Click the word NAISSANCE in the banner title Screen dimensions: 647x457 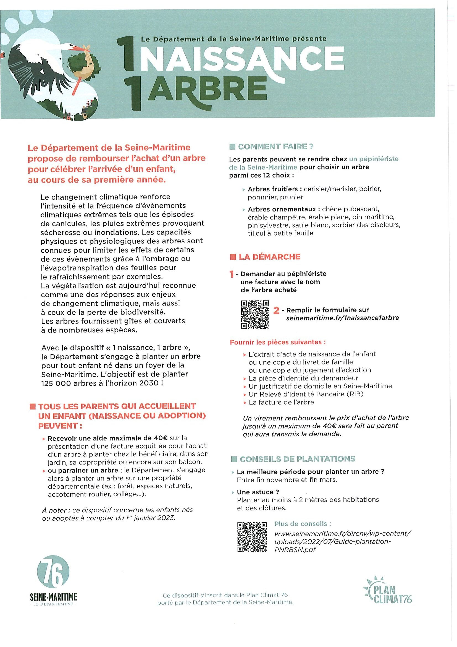243,58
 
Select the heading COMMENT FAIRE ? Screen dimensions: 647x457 275,147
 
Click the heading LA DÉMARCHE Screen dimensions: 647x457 269,257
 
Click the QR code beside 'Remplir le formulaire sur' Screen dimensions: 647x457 255,314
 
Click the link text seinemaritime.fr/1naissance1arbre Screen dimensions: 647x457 342,318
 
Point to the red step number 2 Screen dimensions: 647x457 277,311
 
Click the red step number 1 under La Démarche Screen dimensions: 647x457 232,274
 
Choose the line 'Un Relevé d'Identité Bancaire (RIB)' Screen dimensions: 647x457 306,394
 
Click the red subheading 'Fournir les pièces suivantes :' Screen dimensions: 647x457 278,342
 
